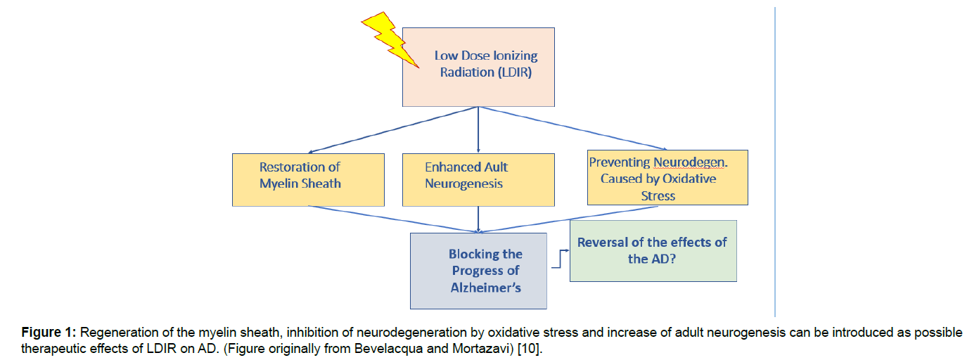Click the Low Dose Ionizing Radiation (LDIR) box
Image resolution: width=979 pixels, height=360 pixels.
coord(478,67)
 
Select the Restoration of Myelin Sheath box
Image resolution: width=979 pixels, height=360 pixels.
coord(308,179)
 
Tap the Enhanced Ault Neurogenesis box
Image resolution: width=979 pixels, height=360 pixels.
coord(478,179)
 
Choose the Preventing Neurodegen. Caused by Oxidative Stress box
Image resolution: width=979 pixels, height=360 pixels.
coord(667,177)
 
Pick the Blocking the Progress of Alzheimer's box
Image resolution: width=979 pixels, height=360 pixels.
coord(478,271)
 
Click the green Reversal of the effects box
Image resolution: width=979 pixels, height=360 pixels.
coord(653,251)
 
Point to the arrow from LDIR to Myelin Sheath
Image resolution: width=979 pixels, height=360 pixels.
coord(393,130)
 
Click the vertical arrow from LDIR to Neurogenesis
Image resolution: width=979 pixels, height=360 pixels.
coord(478,130)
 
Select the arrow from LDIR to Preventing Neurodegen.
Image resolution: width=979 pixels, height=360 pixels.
coord(572,129)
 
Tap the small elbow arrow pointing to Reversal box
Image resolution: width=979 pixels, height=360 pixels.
coord(561,259)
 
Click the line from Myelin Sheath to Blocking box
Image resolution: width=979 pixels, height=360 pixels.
coord(393,219)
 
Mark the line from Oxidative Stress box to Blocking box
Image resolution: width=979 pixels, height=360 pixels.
coord(568,219)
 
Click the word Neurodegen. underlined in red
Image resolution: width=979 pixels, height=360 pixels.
coord(691,162)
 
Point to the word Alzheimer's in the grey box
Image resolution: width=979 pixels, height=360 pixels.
coord(485,288)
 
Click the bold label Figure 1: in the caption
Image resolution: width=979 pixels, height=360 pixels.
coord(49,333)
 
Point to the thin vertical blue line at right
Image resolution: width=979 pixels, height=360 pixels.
coord(775,162)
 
